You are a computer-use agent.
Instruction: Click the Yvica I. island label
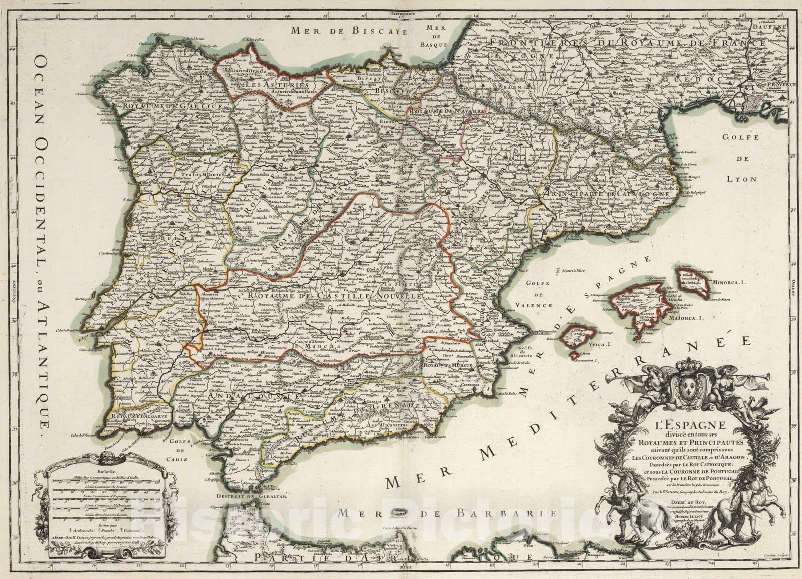click(x=596, y=344)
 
